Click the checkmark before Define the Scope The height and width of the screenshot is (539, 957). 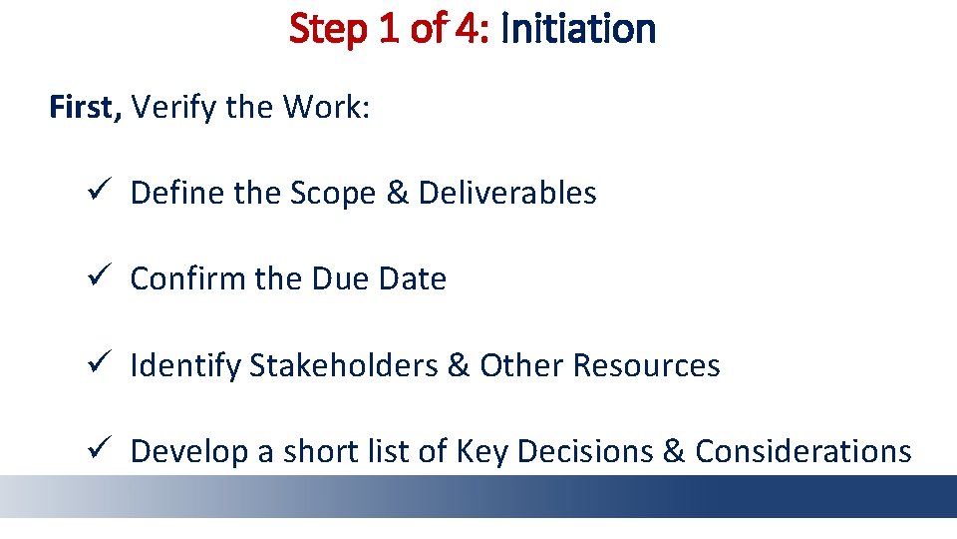[x=95, y=193]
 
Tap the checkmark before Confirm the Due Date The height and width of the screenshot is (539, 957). [x=95, y=279]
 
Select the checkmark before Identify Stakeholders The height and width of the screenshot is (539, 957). [x=95, y=365]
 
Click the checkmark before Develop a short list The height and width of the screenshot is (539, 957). [x=95, y=451]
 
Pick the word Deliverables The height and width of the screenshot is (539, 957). [x=507, y=193]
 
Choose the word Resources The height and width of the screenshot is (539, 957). [x=646, y=366]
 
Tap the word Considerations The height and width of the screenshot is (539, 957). [x=802, y=452]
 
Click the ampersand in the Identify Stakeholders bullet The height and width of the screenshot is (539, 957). [x=459, y=366]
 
